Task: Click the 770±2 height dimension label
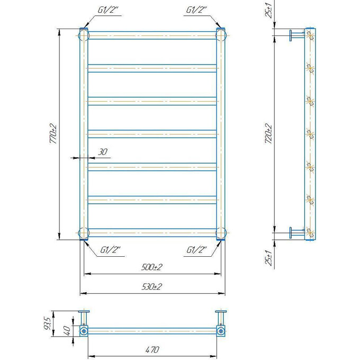coord(53,133)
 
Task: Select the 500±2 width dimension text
coord(152,267)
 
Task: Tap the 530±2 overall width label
coord(152,286)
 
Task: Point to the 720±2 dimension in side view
coord(268,133)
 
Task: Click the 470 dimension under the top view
coord(152,349)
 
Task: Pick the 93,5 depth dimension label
coord(47,323)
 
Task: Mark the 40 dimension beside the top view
coord(67,330)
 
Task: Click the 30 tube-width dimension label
coord(103,152)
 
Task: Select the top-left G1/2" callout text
coord(108,10)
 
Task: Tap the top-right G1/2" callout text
coord(196,10)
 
